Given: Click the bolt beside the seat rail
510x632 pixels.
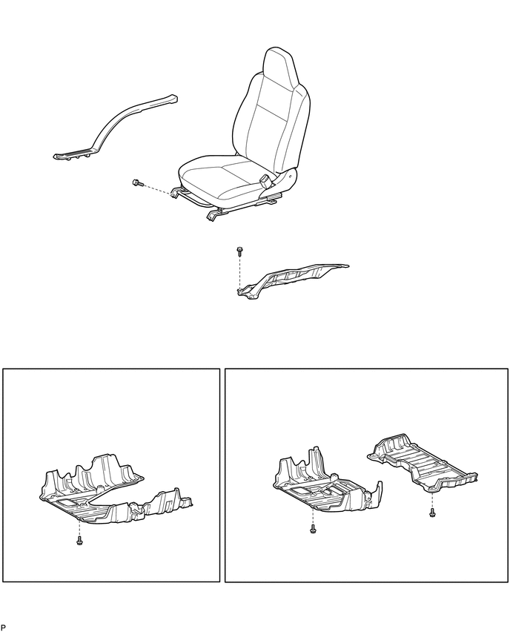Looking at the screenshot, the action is [137, 183].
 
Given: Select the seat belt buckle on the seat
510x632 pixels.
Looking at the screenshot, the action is [266, 180].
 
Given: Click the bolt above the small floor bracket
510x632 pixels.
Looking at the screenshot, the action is [239, 251].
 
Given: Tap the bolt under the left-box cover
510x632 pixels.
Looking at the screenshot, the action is [79, 540].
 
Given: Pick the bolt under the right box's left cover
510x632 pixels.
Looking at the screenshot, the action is [313, 528].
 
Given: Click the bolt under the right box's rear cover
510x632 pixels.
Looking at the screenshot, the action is [432, 513].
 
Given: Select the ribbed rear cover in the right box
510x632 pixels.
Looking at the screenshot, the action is [423, 464].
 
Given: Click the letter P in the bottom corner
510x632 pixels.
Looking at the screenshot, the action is [4, 627].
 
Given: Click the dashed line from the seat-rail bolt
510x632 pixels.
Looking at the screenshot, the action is [158, 189].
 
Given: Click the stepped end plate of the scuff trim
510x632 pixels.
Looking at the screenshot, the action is [75, 154].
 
